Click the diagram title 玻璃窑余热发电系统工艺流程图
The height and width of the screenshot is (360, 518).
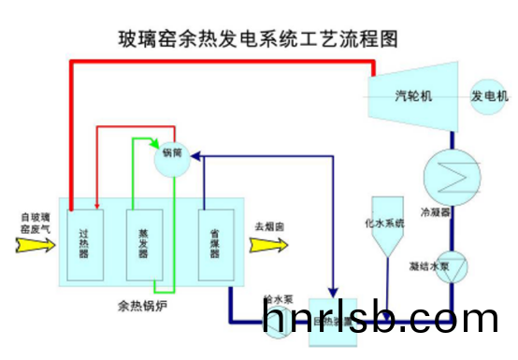[256, 39]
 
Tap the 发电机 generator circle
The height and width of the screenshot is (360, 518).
[488, 96]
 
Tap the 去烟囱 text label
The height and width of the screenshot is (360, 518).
[269, 226]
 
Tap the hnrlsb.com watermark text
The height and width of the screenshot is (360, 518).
[381, 320]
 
